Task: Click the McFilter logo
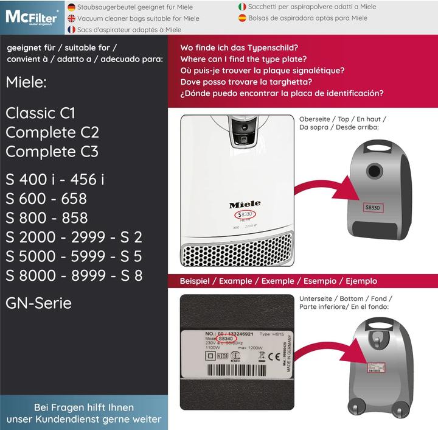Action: point(32,17)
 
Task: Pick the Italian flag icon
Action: point(243,7)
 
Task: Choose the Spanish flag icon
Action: point(243,18)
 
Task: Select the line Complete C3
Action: point(52,151)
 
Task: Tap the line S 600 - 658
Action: point(46,199)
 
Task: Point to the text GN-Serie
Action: point(39,303)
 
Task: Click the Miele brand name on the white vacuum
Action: point(245,205)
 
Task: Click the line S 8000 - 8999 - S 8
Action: point(74,275)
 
